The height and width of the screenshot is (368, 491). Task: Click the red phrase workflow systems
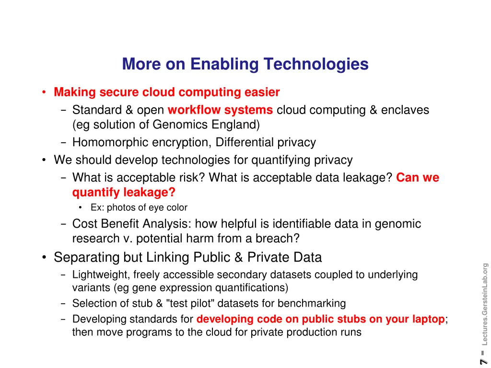tap(220, 110)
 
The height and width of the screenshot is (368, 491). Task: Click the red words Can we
tap(418, 178)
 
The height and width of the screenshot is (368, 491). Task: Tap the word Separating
tap(86, 257)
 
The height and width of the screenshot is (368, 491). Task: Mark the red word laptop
tap(427, 319)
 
